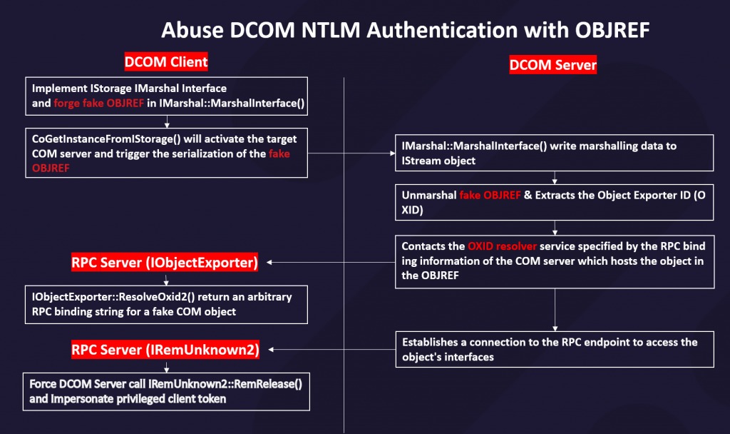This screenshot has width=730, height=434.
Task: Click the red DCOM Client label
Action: click(x=165, y=62)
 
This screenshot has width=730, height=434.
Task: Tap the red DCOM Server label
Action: click(x=552, y=66)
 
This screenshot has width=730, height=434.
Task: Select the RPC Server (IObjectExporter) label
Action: click(x=164, y=263)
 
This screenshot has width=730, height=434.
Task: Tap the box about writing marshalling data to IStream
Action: click(x=555, y=153)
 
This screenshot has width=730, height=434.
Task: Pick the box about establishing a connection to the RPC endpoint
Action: click(x=555, y=349)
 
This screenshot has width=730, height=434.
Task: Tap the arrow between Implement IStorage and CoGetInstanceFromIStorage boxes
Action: click(x=166, y=122)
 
